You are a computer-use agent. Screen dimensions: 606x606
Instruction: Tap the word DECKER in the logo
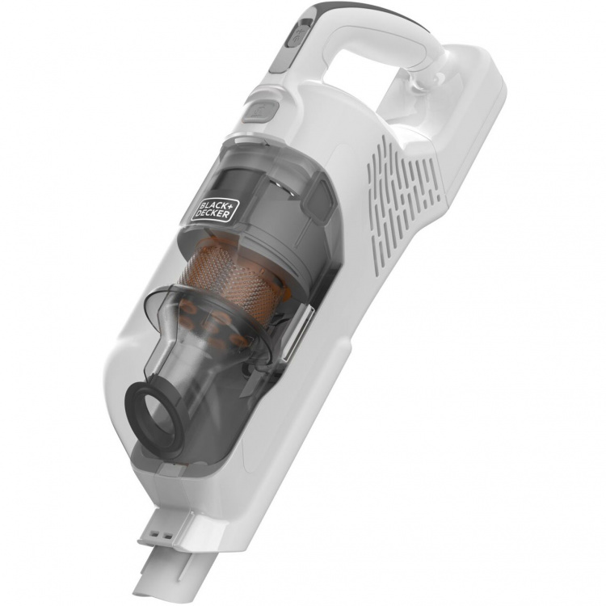(x=216, y=212)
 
